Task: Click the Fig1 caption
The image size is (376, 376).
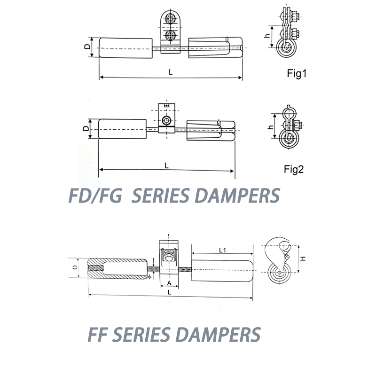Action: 297,73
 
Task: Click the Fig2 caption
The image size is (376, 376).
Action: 294,169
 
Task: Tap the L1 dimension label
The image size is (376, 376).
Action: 222,251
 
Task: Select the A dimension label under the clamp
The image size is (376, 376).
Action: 169,283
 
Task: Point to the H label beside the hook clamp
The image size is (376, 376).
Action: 303,258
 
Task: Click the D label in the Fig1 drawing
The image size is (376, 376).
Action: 87,46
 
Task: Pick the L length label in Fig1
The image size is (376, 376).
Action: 171,72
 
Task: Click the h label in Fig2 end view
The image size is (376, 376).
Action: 270,127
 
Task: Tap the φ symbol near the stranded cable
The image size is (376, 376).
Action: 149,277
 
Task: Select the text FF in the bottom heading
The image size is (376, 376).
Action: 98,335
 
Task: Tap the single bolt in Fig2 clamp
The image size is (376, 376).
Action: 166,120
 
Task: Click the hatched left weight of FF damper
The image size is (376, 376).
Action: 117,268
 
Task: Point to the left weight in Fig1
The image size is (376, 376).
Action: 125,48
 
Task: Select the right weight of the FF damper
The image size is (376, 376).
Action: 222,271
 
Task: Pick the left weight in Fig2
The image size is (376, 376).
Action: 122,129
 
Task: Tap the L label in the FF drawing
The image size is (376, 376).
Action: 169,292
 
